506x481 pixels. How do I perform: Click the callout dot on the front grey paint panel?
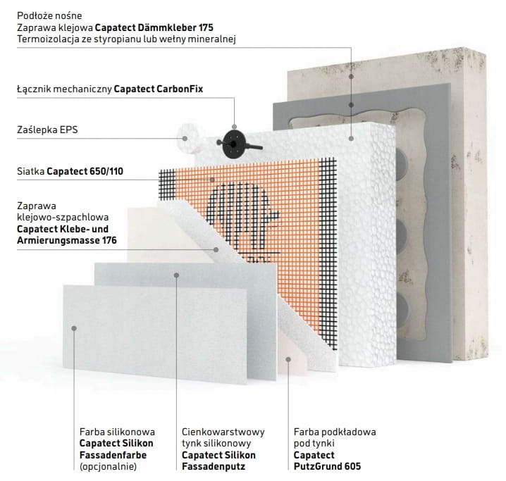point(78,326)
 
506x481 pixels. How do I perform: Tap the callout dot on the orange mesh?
point(212,179)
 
